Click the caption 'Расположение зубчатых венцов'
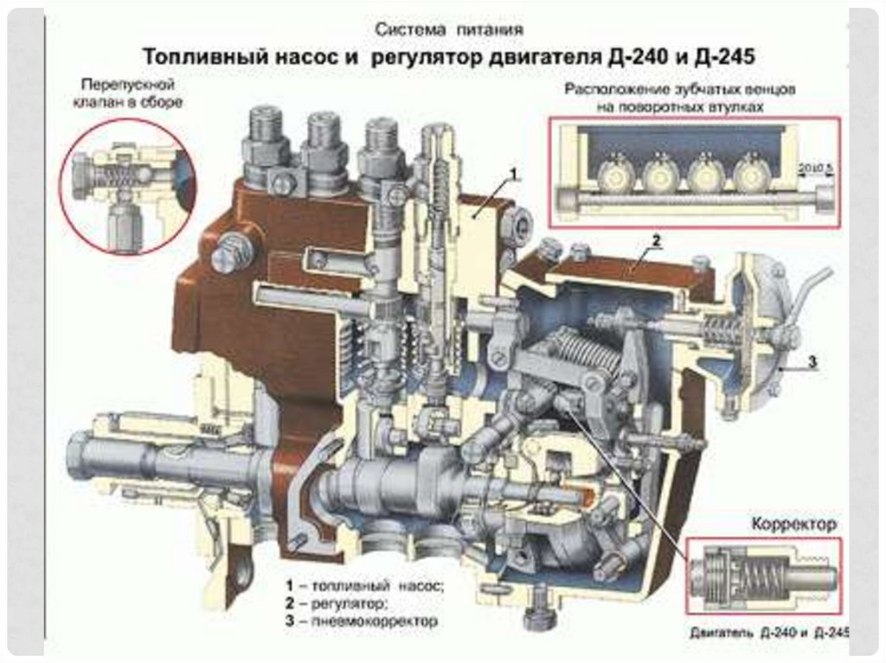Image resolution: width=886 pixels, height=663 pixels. pyautogui.click(x=681, y=89)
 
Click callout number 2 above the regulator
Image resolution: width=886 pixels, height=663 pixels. pyautogui.click(x=657, y=241)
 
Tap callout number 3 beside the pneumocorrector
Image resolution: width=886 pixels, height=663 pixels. pyautogui.click(x=812, y=361)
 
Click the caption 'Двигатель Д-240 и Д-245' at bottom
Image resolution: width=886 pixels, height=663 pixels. pyautogui.click(x=768, y=632)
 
